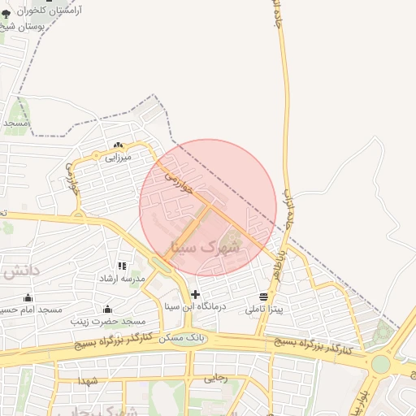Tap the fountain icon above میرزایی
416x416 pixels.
(x=119, y=146)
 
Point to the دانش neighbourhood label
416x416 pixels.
(x=18, y=271)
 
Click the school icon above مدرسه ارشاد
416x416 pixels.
(x=122, y=266)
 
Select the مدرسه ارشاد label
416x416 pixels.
(x=121, y=278)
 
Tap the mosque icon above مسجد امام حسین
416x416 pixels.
(x=28, y=297)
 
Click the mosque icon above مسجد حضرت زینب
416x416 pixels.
(x=107, y=309)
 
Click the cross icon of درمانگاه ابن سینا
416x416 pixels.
(x=194, y=294)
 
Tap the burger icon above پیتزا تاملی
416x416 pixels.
(x=263, y=297)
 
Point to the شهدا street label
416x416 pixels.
(x=88, y=380)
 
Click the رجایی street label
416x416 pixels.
(x=215, y=377)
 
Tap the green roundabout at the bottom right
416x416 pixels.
(x=380, y=364)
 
